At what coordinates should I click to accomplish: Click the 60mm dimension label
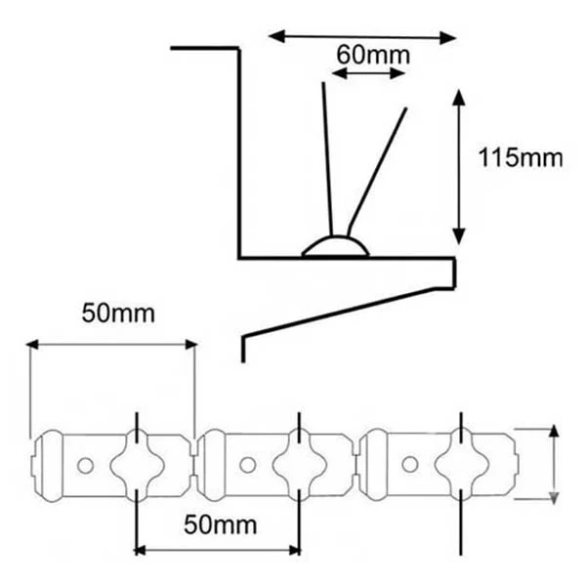pyautogui.click(x=373, y=55)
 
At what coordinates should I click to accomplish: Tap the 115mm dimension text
pyautogui.click(x=521, y=157)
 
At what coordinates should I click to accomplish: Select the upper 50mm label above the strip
pyautogui.click(x=118, y=314)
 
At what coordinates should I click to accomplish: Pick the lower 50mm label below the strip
pyautogui.click(x=220, y=524)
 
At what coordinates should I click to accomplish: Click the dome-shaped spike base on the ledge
pyautogui.click(x=336, y=246)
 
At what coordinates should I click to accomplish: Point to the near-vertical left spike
pyautogui.click(x=327, y=159)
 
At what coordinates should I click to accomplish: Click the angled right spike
pyautogui.click(x=376, y=172)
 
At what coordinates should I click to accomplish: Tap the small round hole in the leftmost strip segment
pyautogui.click(x=85, y=466)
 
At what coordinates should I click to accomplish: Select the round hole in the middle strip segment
pyautogui.click(x=248, y=465)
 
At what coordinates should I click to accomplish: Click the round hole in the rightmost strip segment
pyautogui.click(x=410, y=464)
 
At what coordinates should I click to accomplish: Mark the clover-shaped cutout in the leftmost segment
pyautogui.click(x=137, y=465)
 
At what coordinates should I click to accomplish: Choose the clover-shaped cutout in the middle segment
pyautogui.click(x=299, y=465)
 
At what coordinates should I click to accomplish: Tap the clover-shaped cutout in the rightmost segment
pyautogui.click(x=462, y=464)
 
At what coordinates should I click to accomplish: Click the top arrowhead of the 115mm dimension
pyautogui.click(x=459, y=97)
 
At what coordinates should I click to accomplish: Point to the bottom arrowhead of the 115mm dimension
pyautogui.click(x=459, y=236)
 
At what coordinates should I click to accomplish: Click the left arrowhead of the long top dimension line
pyautogui.click(x=277, y=36)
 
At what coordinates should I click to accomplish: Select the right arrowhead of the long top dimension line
pyautogui.click(x=447, y=38)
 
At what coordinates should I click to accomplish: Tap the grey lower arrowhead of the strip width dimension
pyautogui.click(x=554, y=497)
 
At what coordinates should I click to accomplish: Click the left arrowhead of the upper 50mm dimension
pyautogui.click(x=32, y=345)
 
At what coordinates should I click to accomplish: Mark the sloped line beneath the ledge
pyautogui.click(x=338, y=313)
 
